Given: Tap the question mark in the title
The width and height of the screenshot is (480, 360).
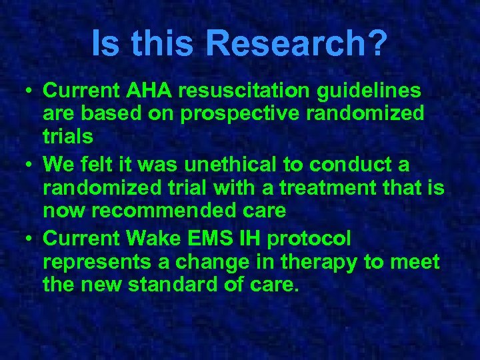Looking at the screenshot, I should pos(377,43).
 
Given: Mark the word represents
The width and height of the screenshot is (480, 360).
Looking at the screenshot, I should pos(95,262).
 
